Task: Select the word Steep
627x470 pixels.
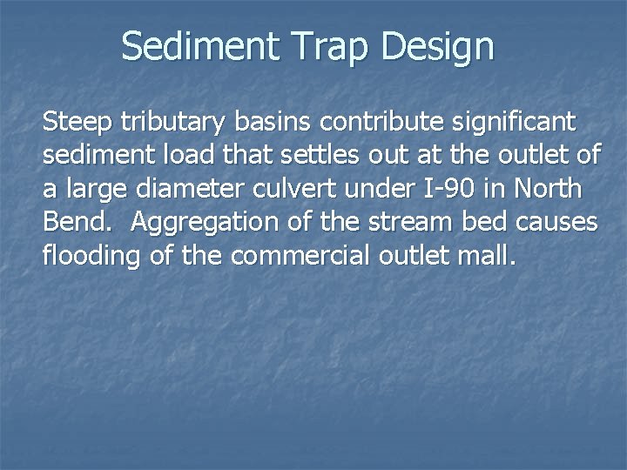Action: (x=81, y=119)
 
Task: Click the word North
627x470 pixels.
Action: (x=549, y=187)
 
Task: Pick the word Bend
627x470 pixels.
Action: (x=78, y=221)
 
